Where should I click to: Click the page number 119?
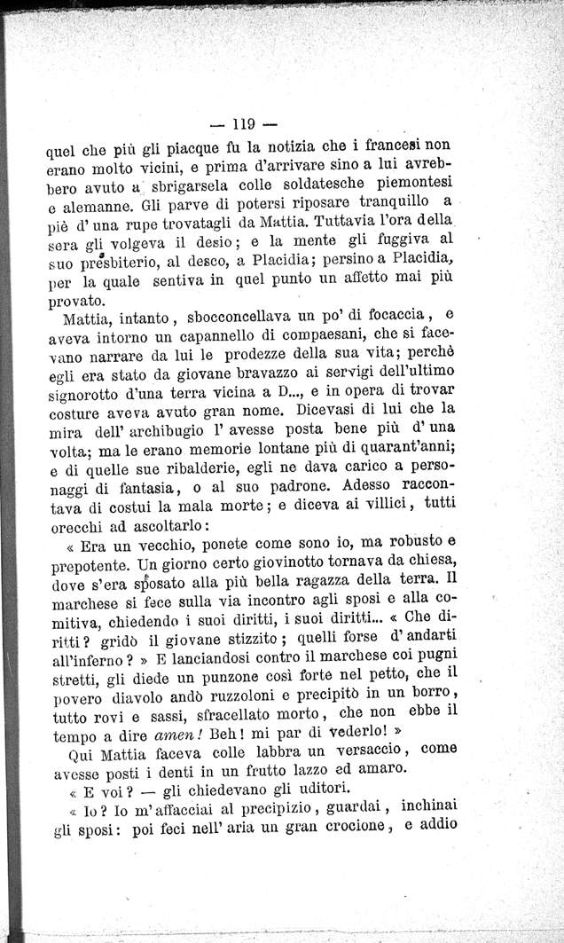pos(241,123)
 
